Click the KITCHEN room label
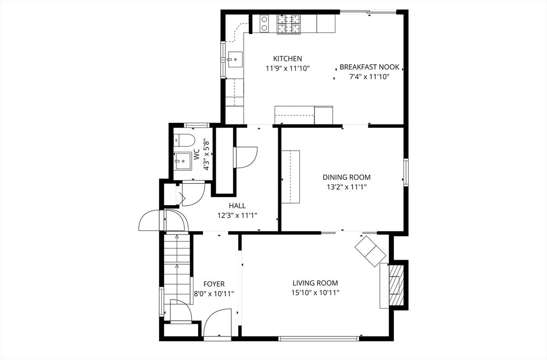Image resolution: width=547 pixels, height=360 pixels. (x=287, y=59)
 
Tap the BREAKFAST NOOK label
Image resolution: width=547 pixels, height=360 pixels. (x=369, y=67)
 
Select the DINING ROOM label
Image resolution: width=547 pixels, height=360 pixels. (x=346, y=177)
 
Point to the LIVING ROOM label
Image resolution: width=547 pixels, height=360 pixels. (x=315, y=283)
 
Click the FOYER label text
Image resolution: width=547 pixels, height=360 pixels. (x=214, y=284)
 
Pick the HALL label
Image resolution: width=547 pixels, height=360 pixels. (x=237, y=206)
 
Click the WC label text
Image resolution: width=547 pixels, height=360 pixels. (x=196, y=155)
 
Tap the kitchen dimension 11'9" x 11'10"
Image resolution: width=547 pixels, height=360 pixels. (x=287, y=68)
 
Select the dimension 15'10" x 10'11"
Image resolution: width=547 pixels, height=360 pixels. (x=315, y=293)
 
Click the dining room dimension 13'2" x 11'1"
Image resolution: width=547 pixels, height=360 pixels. (x=346, y=187)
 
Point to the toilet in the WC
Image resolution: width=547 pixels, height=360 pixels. (x=184, y=141)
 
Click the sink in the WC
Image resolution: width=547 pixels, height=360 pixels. (x=183, y=159)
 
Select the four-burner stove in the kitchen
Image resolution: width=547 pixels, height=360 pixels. (x=289, y=24)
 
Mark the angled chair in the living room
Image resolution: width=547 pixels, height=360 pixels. (x=371, y=250)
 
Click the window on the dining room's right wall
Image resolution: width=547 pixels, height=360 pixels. (x=406, y=172)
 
